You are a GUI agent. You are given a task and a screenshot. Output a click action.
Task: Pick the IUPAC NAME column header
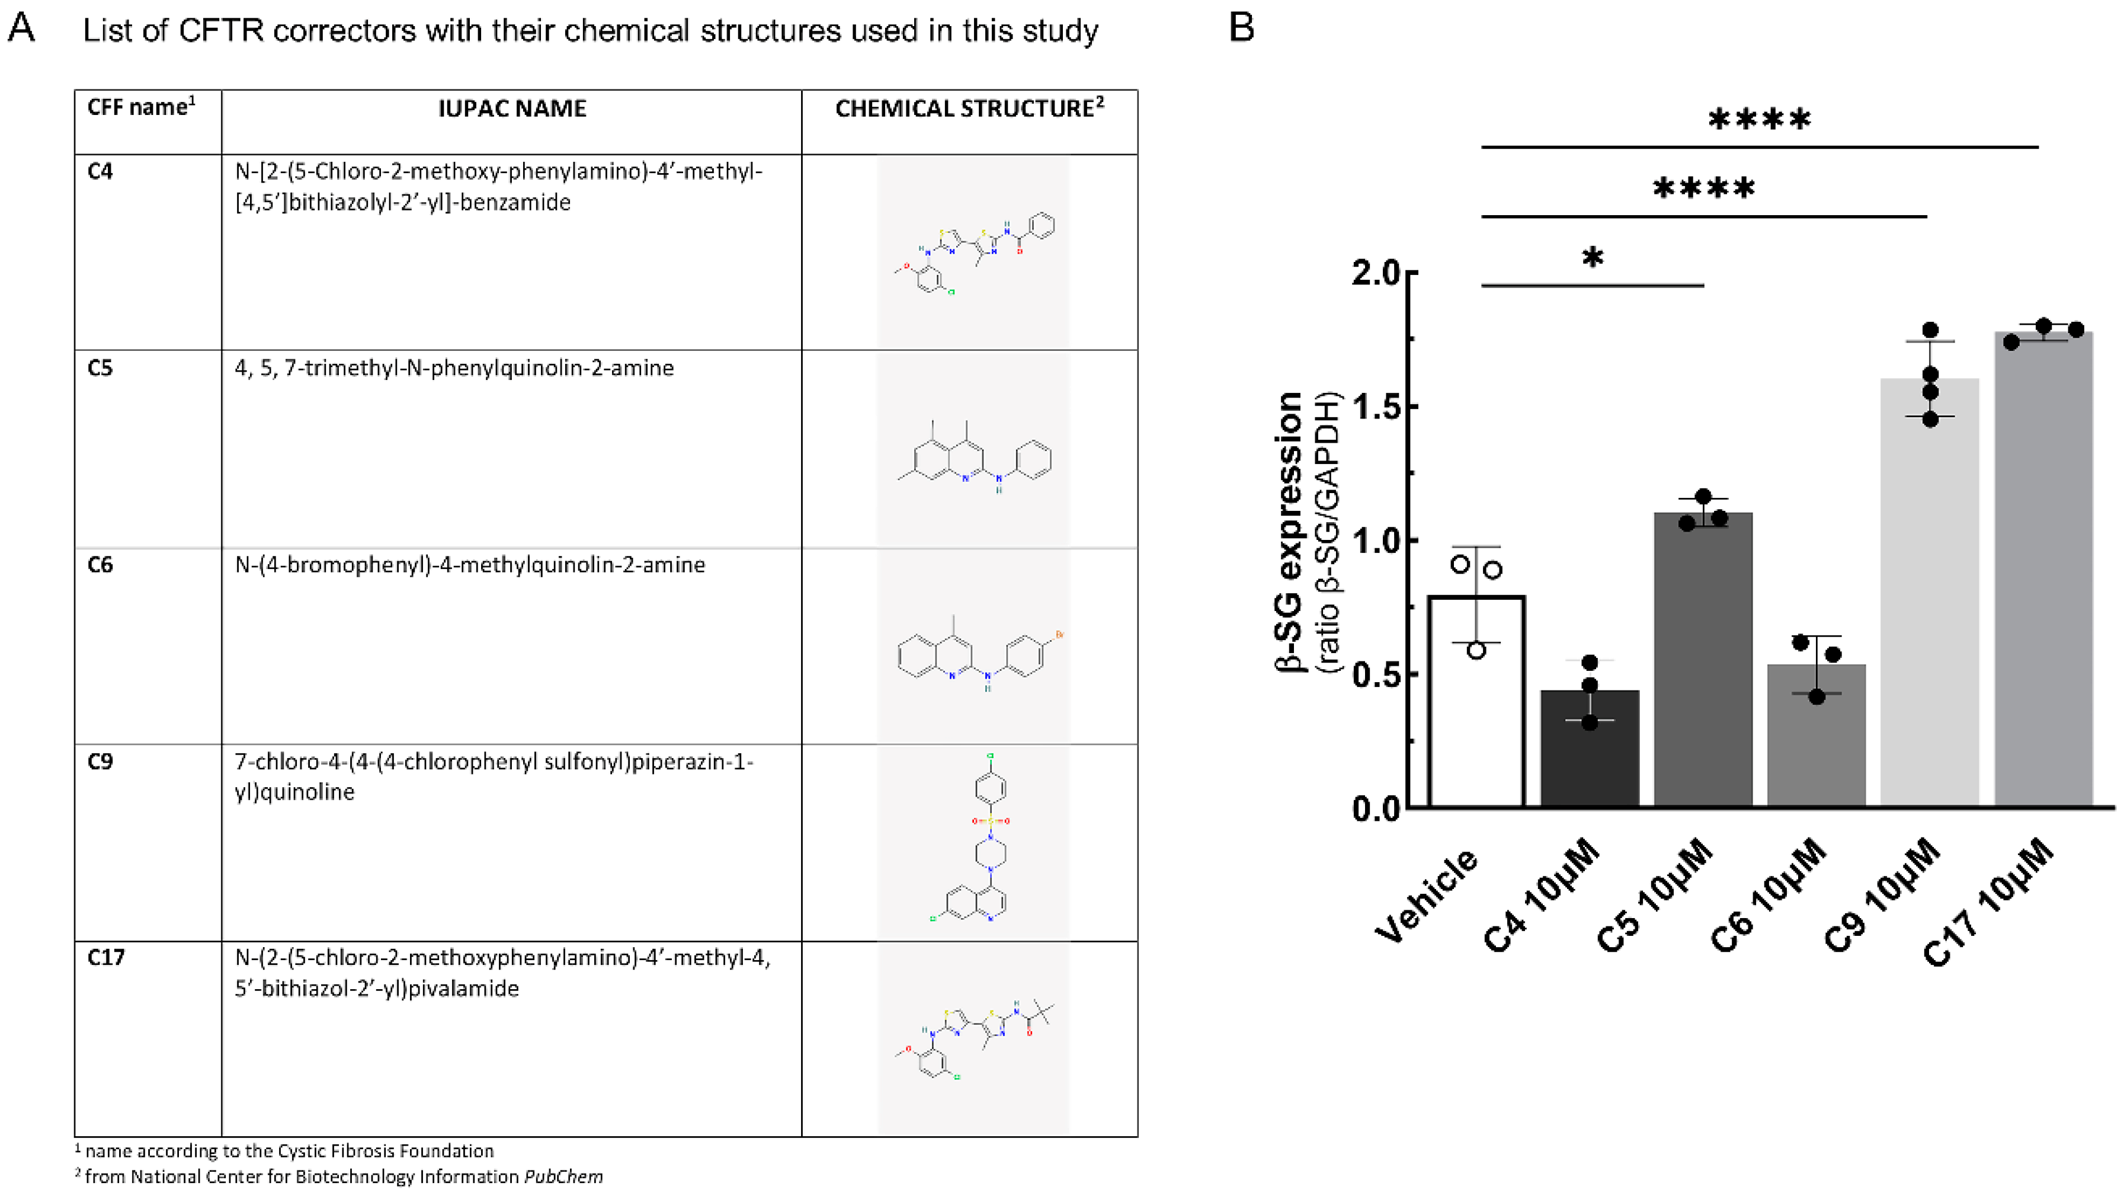511,109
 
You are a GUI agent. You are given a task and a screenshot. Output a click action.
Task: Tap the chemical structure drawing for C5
975,458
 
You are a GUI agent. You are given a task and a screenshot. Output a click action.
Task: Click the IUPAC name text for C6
470,565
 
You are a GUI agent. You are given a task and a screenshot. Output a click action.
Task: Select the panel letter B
1241,28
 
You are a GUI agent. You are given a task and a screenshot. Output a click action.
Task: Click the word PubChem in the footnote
563,1176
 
